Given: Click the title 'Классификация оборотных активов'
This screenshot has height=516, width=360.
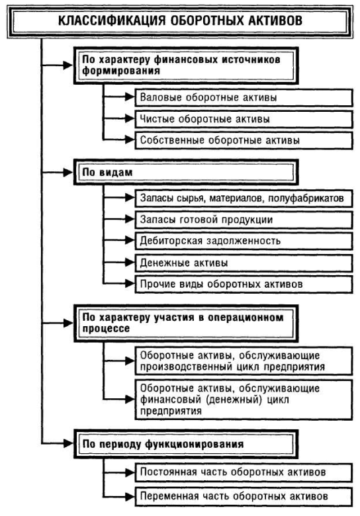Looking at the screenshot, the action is pos(180,21).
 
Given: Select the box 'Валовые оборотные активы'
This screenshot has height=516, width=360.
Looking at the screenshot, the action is pos(244,97).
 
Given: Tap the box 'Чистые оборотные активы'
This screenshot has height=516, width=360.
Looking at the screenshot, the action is pos(244,119).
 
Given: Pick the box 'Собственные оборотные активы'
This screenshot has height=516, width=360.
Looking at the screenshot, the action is pos(244,140).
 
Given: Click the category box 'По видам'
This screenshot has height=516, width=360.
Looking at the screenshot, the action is pos(186,172).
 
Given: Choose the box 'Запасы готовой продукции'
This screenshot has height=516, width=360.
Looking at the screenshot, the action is pos(244,220).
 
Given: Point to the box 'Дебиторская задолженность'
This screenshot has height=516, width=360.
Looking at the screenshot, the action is pos(244,241).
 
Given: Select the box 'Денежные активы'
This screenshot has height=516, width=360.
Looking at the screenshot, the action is pos(244,263).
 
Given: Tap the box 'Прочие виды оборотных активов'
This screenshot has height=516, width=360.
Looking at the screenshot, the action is pos(244,284).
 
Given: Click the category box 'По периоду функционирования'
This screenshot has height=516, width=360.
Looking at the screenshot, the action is pos(186,444).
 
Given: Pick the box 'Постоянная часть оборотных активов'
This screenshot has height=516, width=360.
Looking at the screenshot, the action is pos(244,472).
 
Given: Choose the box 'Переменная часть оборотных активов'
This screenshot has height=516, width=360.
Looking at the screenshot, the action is pos(244,496).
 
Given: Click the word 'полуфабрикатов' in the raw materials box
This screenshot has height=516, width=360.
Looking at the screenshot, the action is pos(306,198).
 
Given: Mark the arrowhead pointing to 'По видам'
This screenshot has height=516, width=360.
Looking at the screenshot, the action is pos(68,172).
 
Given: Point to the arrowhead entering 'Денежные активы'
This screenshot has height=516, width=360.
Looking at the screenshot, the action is pos(130,263).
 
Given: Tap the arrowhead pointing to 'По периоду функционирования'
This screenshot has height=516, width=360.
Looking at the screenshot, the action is pos(68,444).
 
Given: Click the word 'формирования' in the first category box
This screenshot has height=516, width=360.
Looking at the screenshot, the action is pos(121,71).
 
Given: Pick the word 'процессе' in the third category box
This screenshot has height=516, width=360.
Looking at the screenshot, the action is pos(106,329).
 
